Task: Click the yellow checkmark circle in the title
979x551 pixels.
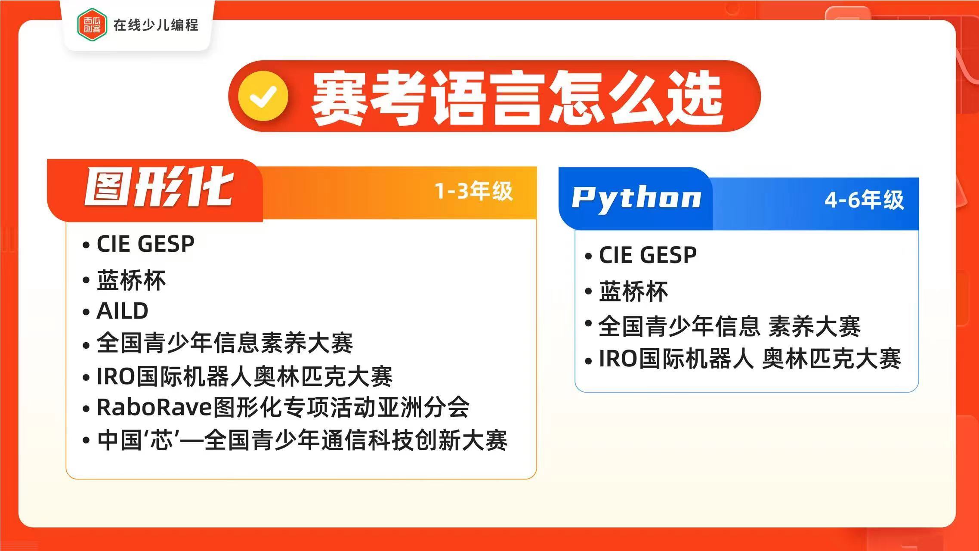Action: point(263,96)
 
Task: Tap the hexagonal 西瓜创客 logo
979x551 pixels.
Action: point(92,25)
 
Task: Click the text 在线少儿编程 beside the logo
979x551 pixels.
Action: point(156,25)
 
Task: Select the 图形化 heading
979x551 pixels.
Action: point(159,188)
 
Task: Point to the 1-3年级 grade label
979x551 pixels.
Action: point(473,191)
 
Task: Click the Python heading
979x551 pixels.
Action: point(636,198)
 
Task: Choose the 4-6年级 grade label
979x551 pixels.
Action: point(864,200)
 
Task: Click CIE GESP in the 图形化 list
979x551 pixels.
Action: point(145,244)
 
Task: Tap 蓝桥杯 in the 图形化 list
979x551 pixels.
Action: point(131,281)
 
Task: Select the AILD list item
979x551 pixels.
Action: point(123,311)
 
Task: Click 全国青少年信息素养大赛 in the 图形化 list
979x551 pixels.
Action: point(225,343)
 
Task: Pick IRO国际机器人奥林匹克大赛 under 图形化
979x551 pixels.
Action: point(244,376)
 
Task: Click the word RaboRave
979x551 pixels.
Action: point(154,407)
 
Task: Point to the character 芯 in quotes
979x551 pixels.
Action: point(162,440)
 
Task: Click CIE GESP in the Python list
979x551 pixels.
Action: point(648,255)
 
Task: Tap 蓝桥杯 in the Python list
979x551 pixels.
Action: point(633,292)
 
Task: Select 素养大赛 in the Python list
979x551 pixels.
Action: point(814,326)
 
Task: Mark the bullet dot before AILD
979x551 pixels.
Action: point(86,312)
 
